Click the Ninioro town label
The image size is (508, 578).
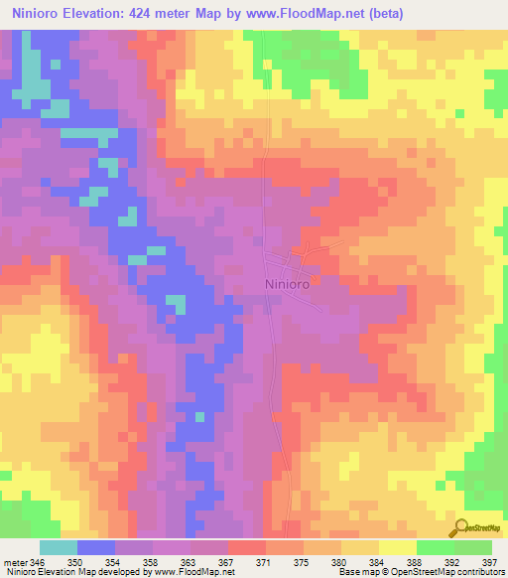[292, 283]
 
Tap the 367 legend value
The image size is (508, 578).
[225, 561]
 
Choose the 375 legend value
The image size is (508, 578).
[300, 561]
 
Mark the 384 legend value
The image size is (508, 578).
[374, 561]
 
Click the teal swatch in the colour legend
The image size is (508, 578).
[59, 547]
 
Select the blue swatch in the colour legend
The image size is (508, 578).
[96, 547]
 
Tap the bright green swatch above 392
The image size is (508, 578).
[436, 547]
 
